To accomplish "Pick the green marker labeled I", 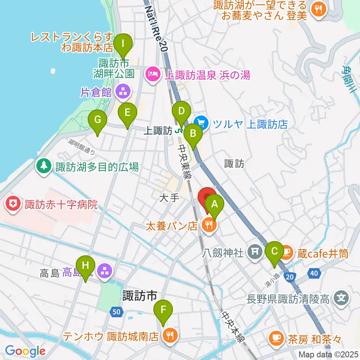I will point(123,45).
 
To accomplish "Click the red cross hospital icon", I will point(14,205).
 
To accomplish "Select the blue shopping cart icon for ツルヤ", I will point(201,123).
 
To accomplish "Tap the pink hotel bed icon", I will point(152,75).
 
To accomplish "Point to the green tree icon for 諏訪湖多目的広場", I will point(44,166).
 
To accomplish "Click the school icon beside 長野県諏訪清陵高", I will point(342,299).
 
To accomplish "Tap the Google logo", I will point(25,351).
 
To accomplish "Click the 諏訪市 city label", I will point(139,296).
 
